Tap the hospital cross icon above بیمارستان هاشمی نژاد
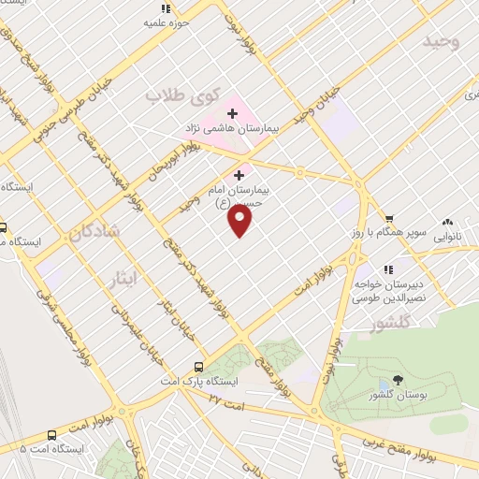click(232, 113)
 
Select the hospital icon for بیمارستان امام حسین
click(239, 174)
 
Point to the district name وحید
click(442, 42)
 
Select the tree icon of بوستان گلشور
click(399, 380)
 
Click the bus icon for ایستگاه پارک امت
click(198, 367)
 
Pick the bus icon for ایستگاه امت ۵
click(51, 435)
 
